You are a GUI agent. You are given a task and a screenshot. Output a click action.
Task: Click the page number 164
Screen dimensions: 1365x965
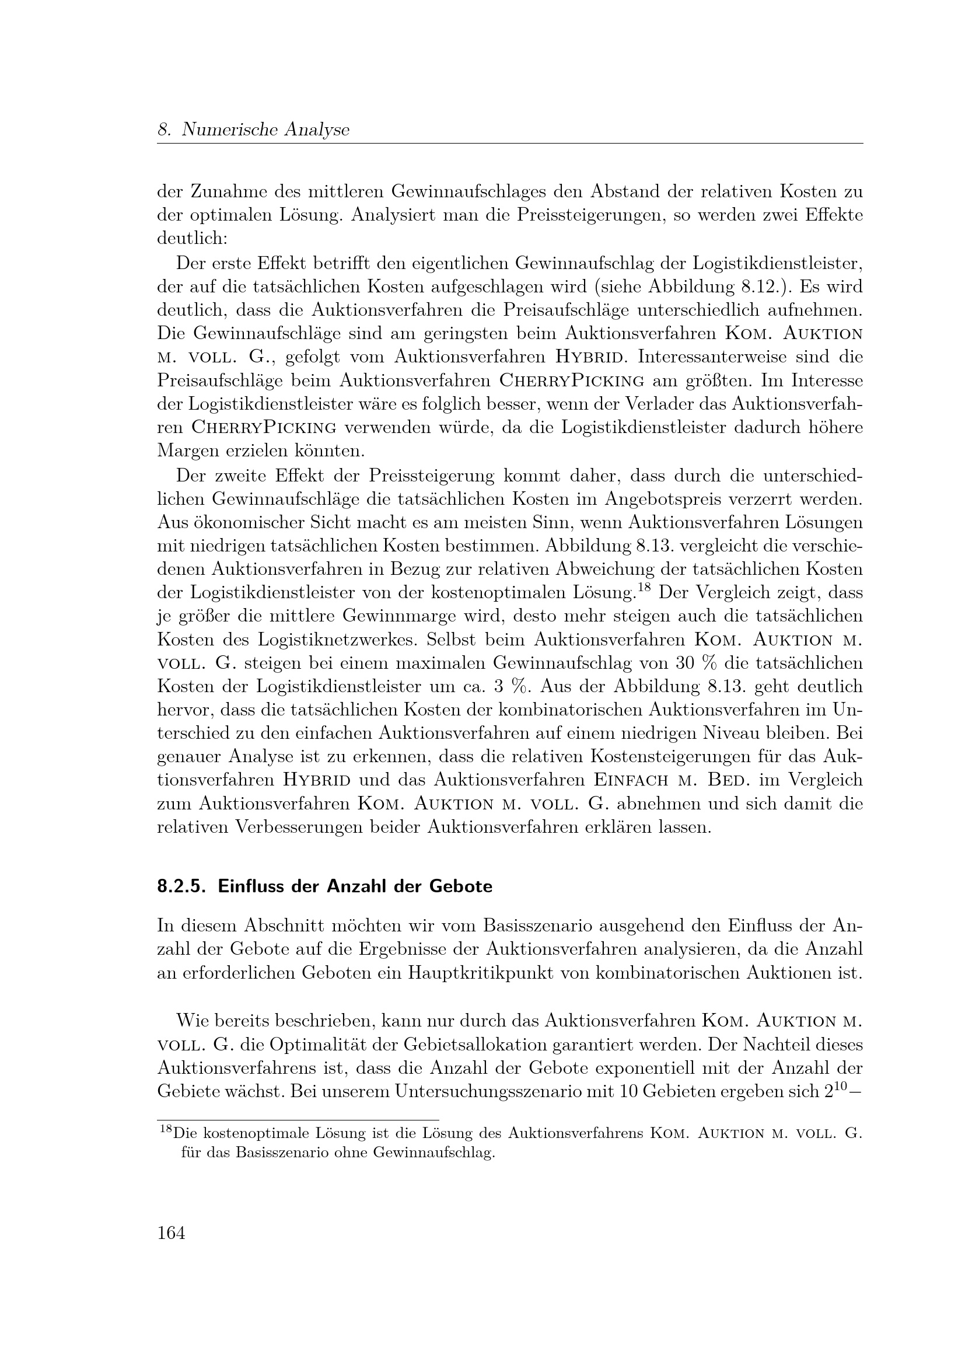tap(171, 1233)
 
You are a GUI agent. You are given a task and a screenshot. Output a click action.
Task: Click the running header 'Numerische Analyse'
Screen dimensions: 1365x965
tap(265, 130)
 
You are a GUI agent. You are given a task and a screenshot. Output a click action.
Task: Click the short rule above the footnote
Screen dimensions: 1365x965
tap(297, 1119)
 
